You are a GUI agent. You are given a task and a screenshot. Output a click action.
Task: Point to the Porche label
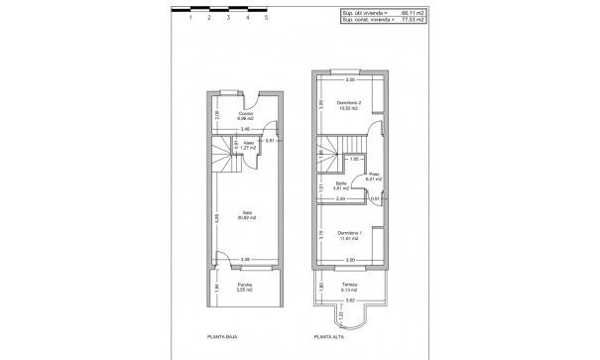click(x=245, y=287)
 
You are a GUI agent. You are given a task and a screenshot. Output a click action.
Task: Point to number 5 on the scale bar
click(x=266, y=18)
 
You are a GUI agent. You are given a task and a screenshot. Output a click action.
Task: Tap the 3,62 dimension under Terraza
click(x=348, y=298)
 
